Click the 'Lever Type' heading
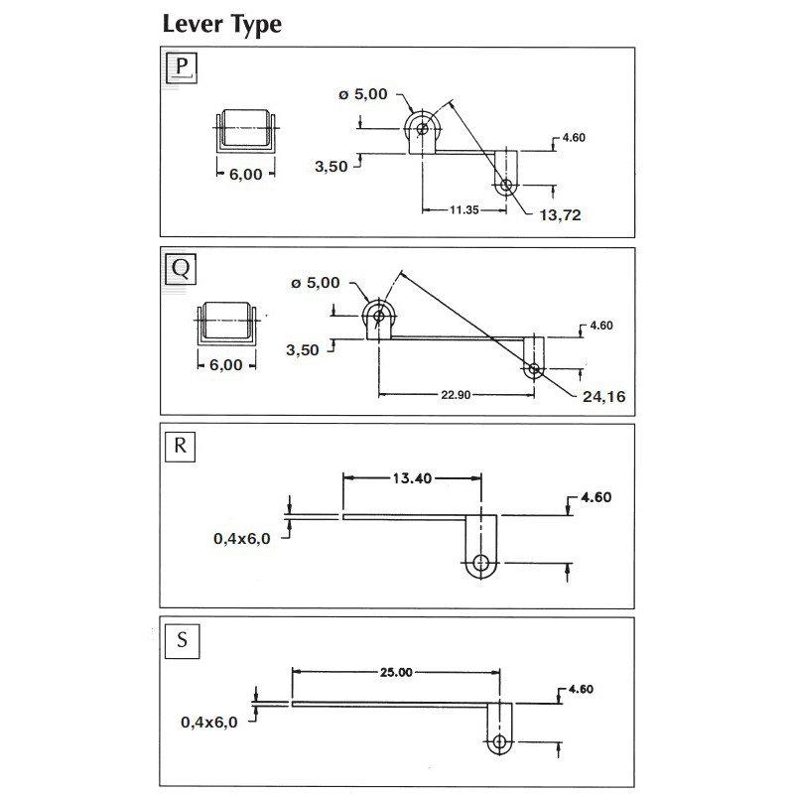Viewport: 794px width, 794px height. point(221,25)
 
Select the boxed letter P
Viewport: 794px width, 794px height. point(181,68)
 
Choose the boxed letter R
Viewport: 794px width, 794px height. point(181,445)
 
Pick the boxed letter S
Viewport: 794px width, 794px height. point(181,639)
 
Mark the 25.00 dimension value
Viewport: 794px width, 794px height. point(394,672)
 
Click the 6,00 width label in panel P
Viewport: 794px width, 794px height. point(245,173)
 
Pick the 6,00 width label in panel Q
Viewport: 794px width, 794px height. point(226,364)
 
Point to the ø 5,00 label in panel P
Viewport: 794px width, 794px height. point(367,94)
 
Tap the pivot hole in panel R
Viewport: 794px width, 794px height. point(482,564)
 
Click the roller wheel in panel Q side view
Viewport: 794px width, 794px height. point(378,314)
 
